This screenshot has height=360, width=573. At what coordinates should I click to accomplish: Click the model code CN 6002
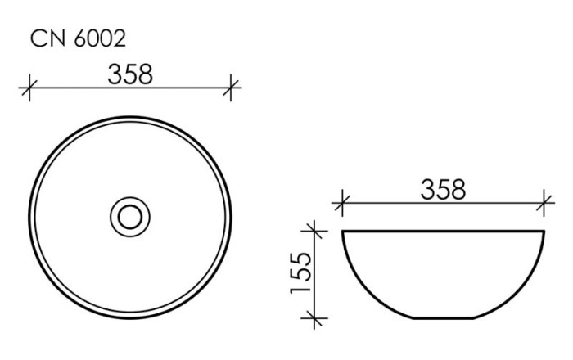pos(78,38)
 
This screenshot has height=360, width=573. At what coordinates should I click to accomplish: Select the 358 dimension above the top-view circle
pos(130,74)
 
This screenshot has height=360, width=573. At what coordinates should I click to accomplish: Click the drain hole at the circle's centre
pos(130,216)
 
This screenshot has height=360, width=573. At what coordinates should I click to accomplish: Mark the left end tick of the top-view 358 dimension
pos(29,88)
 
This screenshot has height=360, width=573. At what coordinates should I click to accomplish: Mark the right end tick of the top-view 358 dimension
pos(232,88)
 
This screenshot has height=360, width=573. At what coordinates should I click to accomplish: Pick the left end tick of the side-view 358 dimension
pos(342,202)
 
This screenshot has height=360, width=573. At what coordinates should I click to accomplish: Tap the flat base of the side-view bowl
pos(443,317)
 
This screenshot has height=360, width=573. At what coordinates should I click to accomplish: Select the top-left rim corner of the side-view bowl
pos(343,232)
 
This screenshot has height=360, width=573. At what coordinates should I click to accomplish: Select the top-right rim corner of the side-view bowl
pos(544,232)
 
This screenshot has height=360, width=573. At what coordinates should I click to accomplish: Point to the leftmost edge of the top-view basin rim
pos(29,216)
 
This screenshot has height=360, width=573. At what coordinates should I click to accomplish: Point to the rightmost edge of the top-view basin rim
pos(232,216)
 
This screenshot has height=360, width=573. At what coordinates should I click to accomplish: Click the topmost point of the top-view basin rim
pos(130,115)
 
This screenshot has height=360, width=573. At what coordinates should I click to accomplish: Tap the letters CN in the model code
pos(47,38)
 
